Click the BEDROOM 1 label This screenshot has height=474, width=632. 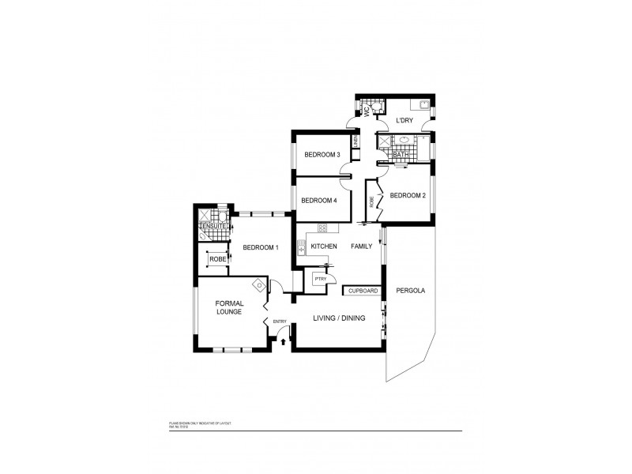tap(260, 247)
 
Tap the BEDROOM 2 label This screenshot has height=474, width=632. tap(408, 195)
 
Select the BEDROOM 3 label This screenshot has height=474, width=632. tap(321, 155)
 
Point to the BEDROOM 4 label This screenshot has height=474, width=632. tap(319, 201)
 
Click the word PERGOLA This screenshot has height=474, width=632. tap(411, 291)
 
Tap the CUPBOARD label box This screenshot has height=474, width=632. tap(363, 291)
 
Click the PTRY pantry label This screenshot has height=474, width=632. tap(320, 279)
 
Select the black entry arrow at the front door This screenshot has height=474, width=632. tap(284, 342)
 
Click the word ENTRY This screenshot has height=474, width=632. tap(280, 322)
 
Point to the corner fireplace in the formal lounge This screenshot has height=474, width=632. tap(258, 285)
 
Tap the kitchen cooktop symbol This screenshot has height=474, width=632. tap(322, 229)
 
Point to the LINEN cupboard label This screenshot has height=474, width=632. tap(356, 142)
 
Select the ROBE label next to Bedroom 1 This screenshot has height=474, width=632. tap(216, 258)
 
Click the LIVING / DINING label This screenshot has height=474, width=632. tap(338, 319)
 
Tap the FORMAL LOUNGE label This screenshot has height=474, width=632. tap(231, 307)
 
